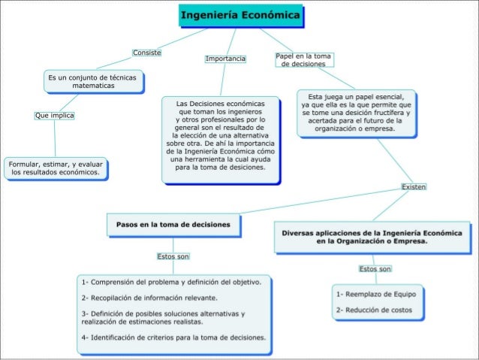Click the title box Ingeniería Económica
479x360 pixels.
(241, 15)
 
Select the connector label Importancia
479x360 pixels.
(225, 58)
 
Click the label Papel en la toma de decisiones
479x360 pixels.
(303, 60)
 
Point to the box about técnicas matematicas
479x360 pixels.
(93, 82)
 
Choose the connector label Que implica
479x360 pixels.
(54, 116)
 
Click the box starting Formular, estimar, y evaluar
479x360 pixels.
(56, 168)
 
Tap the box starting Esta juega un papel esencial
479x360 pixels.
(357, 112)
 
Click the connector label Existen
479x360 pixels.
(414, 186)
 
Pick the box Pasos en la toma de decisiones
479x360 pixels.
(173, 224)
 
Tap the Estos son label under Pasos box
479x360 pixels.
(173, 256)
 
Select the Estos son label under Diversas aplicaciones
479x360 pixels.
(375, 268)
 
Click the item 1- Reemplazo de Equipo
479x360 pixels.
(371, 294)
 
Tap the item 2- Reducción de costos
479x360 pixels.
(373, 309)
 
